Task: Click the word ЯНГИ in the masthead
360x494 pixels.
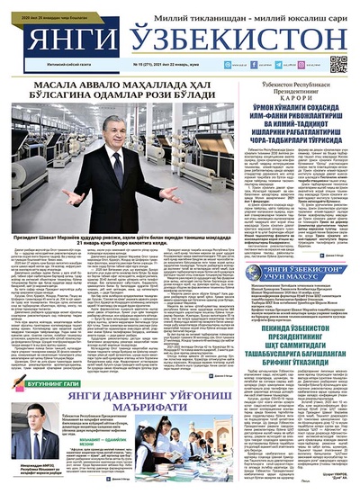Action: point(66,40)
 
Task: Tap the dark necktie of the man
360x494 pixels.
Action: point(115,155)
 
